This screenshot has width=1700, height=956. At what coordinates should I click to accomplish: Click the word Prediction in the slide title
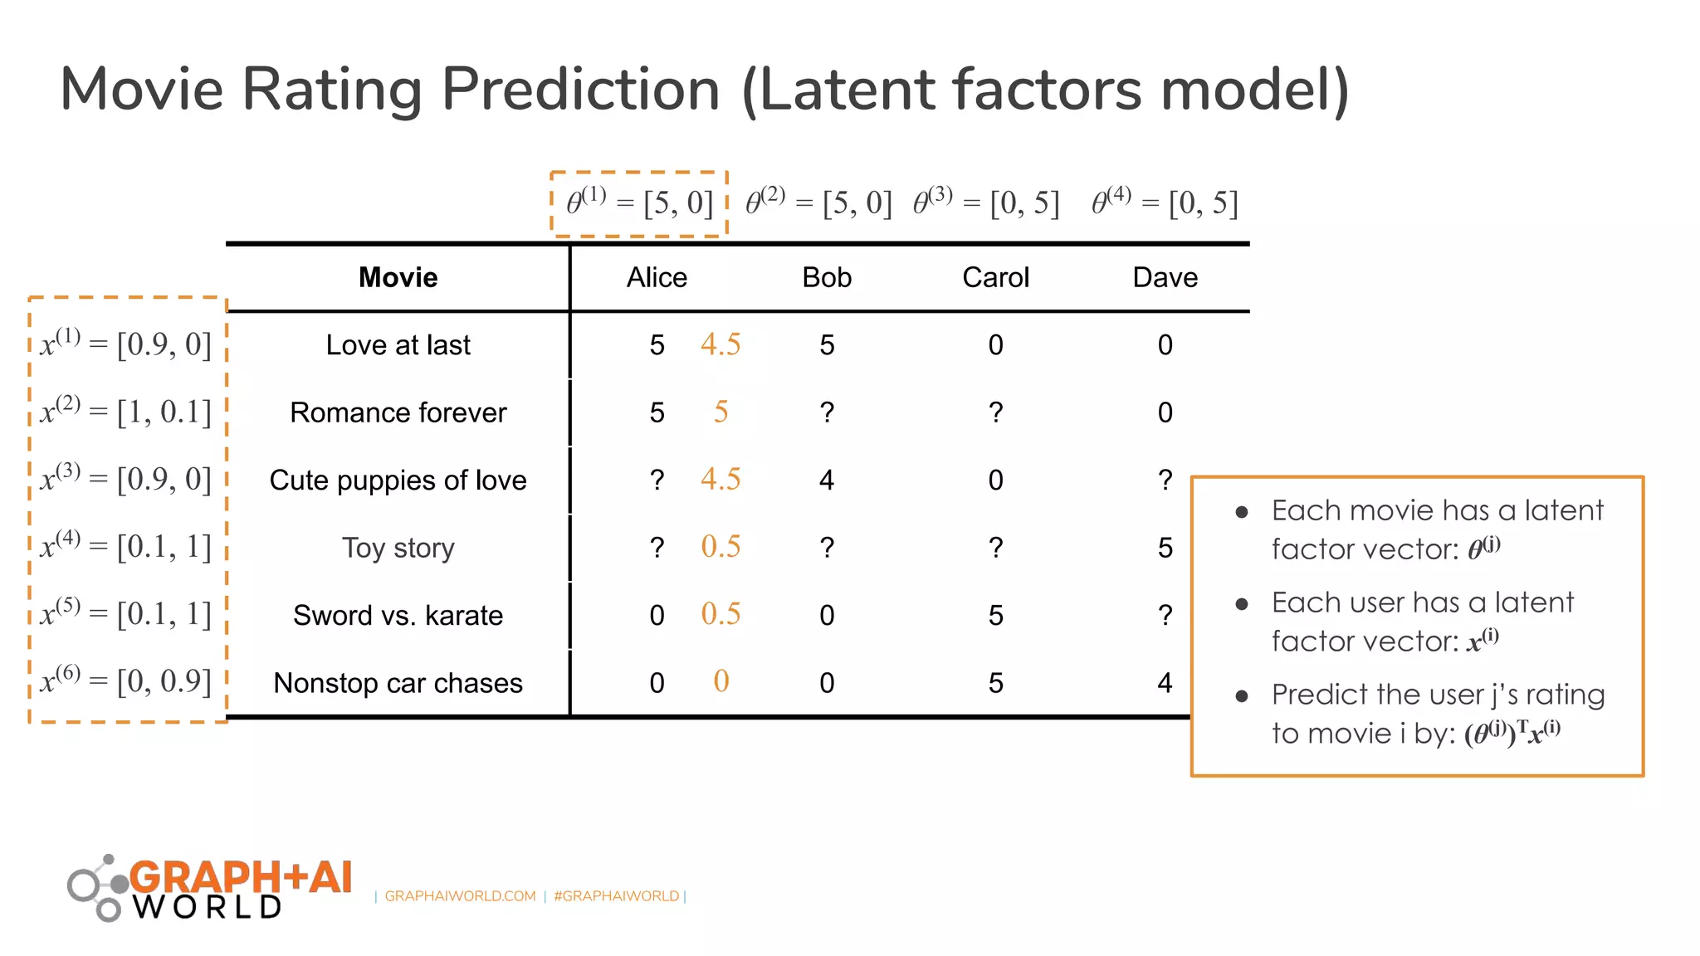(580, 90)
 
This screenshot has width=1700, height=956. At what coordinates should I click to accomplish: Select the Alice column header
(657, 277)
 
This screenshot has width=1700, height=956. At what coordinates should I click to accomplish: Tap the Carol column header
(995, 277)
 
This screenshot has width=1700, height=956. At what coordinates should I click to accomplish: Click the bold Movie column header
(398, 277)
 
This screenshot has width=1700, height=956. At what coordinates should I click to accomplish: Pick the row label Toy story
(398, 548)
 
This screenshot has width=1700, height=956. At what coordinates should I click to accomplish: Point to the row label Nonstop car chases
(398, 683)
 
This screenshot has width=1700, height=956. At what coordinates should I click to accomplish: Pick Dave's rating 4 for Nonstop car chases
(1165, 683)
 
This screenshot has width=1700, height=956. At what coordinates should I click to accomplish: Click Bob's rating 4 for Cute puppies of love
(827, 480)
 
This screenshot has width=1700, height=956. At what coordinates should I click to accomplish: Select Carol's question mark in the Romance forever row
(995, 412)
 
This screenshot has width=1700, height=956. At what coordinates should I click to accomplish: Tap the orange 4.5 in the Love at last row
(720, 344)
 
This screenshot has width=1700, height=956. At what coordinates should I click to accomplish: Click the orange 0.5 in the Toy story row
(720, 547)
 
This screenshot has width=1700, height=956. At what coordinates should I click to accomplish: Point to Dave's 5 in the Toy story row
(1165, 548)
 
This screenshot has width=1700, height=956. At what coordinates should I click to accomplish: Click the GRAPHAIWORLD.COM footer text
(460, 896)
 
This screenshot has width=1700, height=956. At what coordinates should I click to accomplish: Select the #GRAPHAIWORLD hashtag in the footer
(616, 896)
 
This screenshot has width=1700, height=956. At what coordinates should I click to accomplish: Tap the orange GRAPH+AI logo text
(241, 877)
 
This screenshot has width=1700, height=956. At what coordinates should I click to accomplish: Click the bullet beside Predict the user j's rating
(1242, 695)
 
